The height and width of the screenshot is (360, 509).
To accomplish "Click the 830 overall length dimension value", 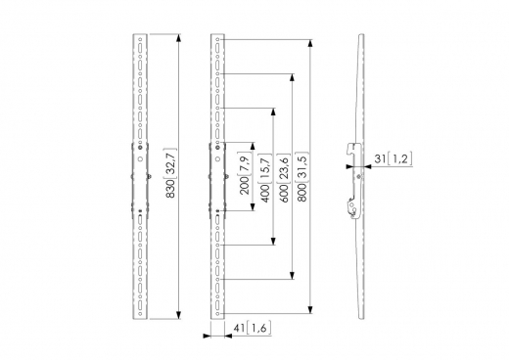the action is coord(171,189).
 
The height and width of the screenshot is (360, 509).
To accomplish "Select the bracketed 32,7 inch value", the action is coord(171,162).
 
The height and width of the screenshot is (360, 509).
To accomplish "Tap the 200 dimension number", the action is coord(245,185).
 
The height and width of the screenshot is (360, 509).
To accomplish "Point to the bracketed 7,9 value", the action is coord(245,163).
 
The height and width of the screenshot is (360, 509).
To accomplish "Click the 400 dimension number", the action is coord(265,193).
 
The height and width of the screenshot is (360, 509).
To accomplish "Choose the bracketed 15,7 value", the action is coord(265,168).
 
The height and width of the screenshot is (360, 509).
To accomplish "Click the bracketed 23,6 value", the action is coord(284,168).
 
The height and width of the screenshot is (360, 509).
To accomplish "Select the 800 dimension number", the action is coord(301,193).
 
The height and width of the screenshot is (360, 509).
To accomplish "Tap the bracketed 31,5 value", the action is coord(301,167).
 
